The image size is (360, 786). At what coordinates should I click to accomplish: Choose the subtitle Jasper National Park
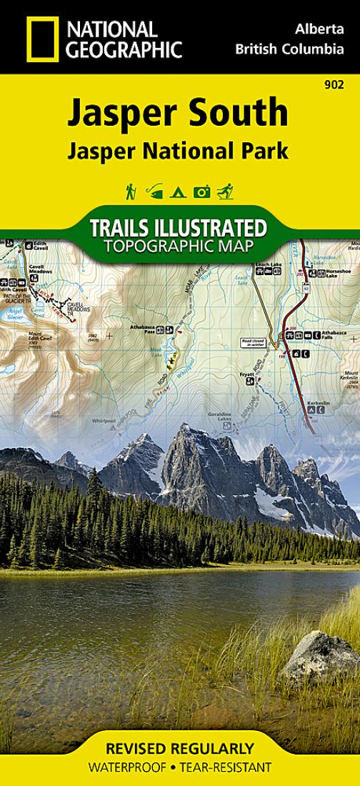(179, 151)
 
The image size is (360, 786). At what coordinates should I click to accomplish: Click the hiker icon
(131, 191)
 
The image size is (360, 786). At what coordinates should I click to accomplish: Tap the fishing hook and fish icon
(154, 191)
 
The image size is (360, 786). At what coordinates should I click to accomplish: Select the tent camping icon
(179, 191)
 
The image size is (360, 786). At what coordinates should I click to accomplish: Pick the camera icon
(202, 191)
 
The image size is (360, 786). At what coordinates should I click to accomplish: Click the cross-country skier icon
(226, 191)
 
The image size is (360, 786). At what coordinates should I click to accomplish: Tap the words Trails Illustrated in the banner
(179, 229)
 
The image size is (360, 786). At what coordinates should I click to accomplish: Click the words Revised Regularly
(179, 749)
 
